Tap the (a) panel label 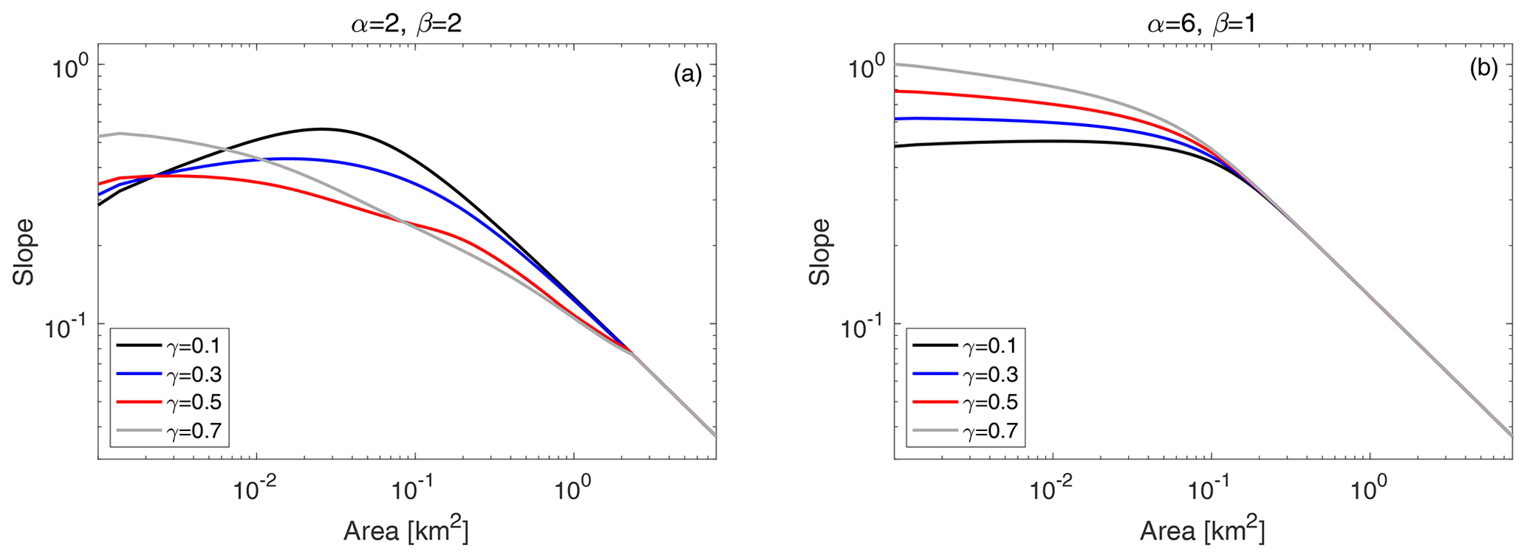pyautogui.click(x=687, y=74)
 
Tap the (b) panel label pyautogui.click(x=1483, y=69)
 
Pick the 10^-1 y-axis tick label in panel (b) pyautogui.click(x=864, y=326)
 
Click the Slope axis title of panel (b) pyautogui.click(x=820, y=252)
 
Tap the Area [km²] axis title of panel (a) pyautogui.click(x=406, y=530)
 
